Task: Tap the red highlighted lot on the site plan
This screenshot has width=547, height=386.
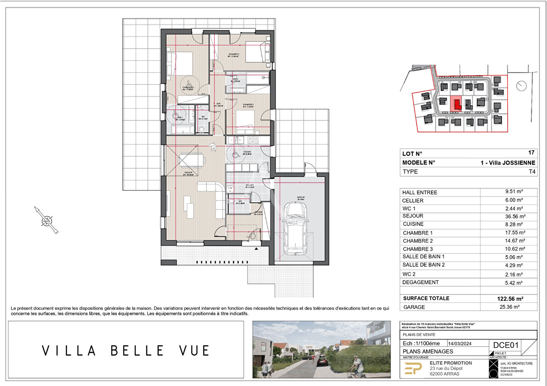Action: pos(456,104)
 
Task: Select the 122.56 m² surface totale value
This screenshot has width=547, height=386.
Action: pos(510,299)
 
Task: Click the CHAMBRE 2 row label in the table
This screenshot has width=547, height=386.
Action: pos(418,241)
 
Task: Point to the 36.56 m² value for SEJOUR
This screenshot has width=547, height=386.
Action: pos(515,216)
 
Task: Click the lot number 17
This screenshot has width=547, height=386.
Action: pos(531,153)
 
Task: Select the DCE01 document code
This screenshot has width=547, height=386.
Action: pos(506,345)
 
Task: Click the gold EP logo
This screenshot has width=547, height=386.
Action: pos(413,368)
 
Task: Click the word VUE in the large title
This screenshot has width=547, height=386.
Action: pos(194,351)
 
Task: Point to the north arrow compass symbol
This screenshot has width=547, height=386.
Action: pos(47,221)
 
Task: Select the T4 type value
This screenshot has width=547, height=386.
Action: pos(532,172)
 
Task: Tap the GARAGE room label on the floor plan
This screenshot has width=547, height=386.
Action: pos(301,197)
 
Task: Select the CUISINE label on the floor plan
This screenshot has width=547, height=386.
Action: pos(247,152)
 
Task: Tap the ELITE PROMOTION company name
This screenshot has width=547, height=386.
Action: pos(451,363)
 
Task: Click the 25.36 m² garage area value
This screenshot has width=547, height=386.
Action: pos(509,307)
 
